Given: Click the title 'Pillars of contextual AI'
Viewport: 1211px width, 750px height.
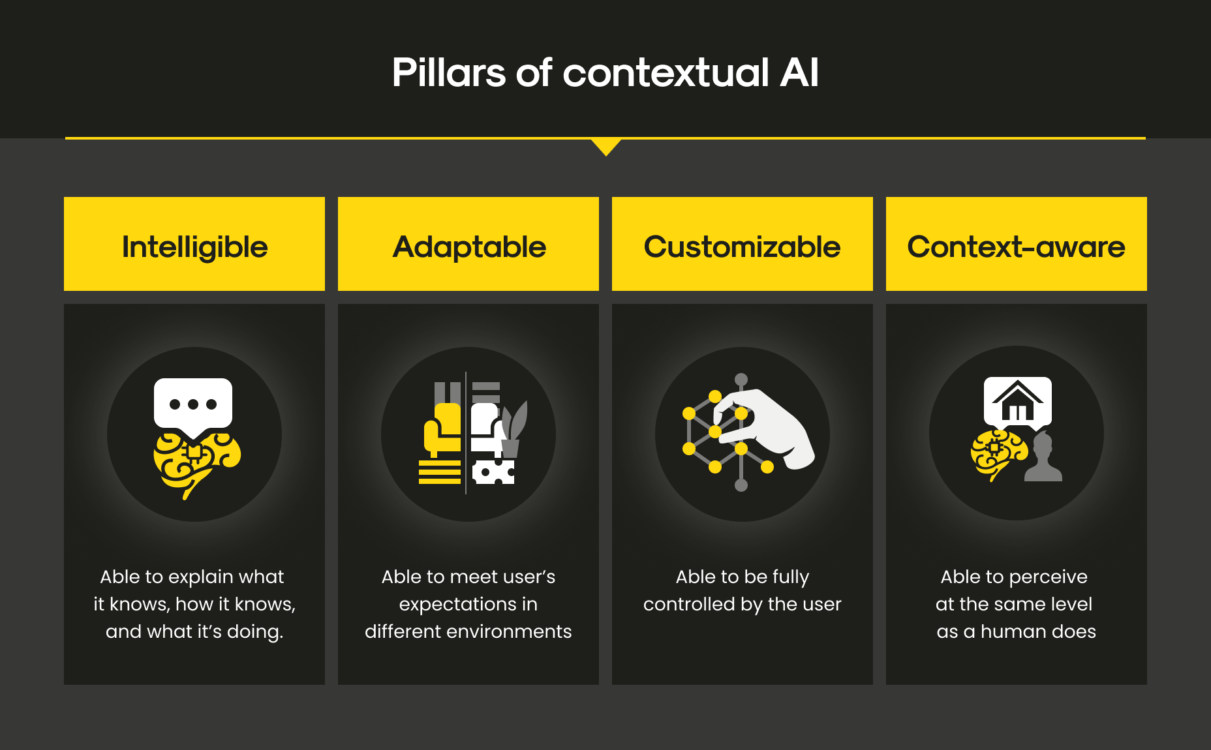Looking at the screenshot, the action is (x=605, y=72).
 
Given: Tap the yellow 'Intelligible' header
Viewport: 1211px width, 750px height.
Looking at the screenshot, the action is (x=194, y=244).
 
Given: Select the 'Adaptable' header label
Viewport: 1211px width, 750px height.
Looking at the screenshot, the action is (x=469, y=247).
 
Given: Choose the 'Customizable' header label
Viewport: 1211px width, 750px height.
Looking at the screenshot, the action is (x=742, y=247).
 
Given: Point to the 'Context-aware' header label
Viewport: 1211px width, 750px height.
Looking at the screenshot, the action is (x=1016, y=247).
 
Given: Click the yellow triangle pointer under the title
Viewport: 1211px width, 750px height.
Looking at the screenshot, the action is (x=605, y=146).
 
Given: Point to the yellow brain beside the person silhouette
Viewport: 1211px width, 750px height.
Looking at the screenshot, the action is (x=998, y=455).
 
